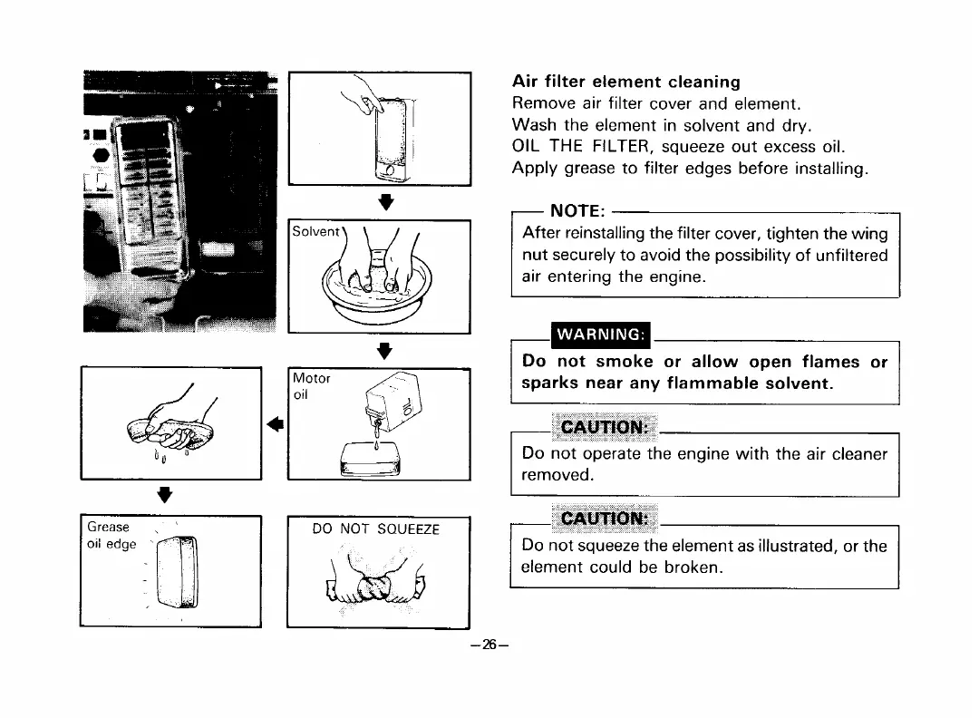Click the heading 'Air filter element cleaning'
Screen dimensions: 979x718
tap(626, 82)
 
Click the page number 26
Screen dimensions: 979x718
tap(489, 645)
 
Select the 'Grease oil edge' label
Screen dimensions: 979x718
tap(111, 535)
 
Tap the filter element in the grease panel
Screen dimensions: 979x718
tap(178, 573)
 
